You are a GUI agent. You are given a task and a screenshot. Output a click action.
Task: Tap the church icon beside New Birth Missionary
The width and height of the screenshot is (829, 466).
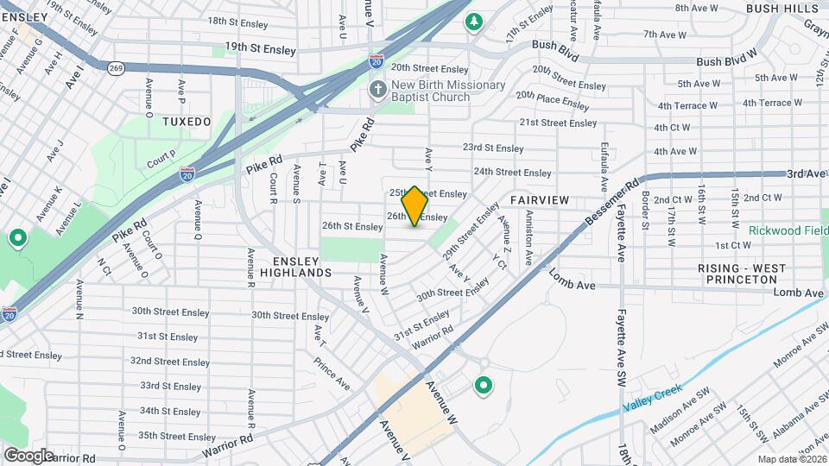(x=377, y=90)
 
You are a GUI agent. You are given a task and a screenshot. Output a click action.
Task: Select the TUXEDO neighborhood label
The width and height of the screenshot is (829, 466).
(x=187, y=123)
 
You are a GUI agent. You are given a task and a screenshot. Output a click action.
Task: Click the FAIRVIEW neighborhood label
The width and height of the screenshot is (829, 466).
(x=540, y=200)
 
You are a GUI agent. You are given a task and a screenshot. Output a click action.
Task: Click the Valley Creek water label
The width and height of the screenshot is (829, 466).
(x=654, y=396)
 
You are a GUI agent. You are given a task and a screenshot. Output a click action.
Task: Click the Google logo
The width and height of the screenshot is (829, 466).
(x=28, y=455)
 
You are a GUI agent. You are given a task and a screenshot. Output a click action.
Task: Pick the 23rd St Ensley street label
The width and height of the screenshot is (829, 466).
(x=493, y=148)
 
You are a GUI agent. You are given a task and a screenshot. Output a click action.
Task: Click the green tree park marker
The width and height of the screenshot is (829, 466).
(x=473, y=21)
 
